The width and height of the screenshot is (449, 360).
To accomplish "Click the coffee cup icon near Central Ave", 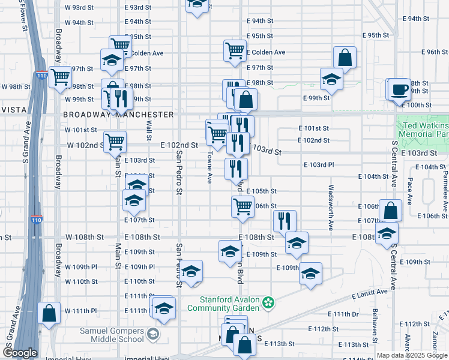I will click(x=399, y=91).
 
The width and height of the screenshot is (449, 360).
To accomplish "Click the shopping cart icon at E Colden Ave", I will click(x=235, y=51).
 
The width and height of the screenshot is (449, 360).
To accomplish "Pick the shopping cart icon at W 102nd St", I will click(x=115, y=142).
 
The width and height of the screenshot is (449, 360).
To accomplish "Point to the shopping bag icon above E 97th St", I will click(x=345, y=58).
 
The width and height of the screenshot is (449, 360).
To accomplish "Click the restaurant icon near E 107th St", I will click(x=285, y=221).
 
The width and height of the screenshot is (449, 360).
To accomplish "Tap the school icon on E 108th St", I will click(x=297, y=243).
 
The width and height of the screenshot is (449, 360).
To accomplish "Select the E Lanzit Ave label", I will click(x=370, y=292).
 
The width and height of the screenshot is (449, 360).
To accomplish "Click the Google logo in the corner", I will click(x=19, y=353).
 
